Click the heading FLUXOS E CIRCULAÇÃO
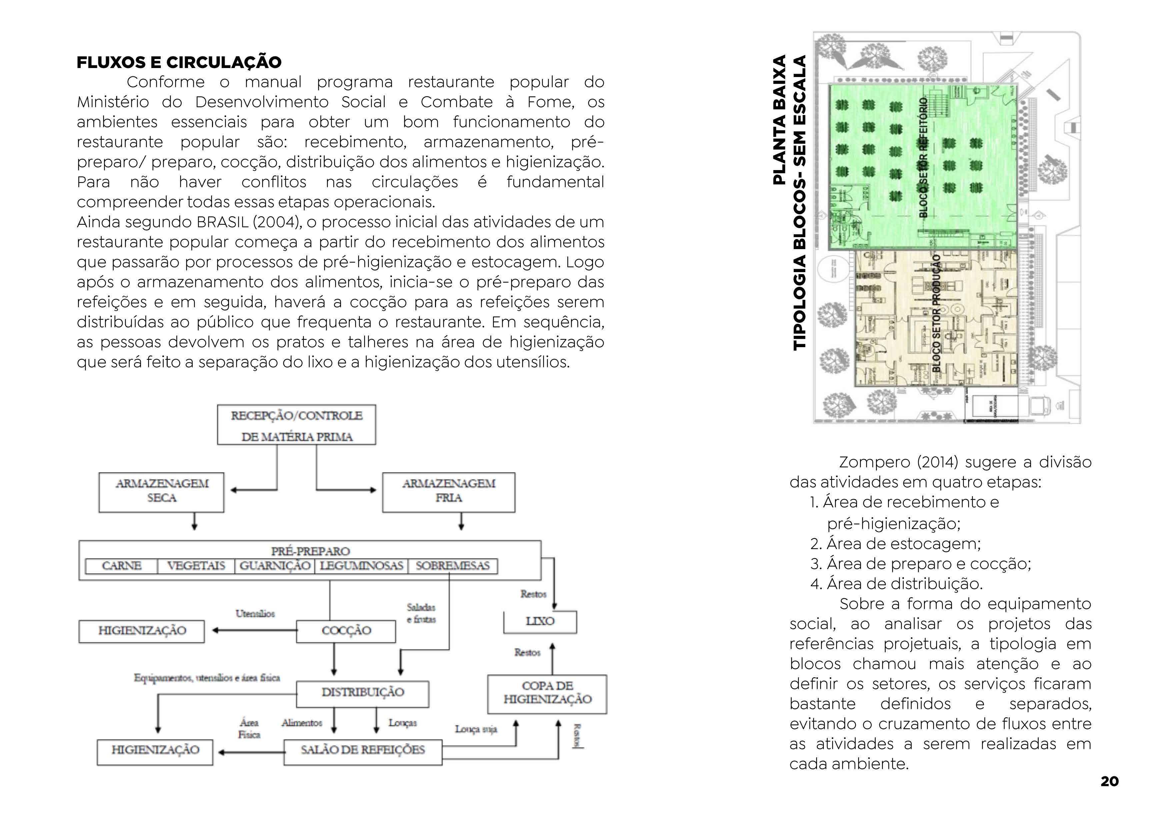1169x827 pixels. coord(179,62)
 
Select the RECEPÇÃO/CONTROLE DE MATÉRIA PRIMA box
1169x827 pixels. coord(296,425)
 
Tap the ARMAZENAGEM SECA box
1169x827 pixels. coord(161,492)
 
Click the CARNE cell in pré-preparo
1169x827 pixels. coord(122,566)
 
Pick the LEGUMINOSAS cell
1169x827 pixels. coord(361,566)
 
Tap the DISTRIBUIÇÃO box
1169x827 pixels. coord(363,693)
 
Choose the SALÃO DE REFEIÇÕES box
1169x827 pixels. coord(363,751)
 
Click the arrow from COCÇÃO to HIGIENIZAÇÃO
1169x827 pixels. coord(255,631)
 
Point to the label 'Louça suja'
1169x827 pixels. coord(476,729)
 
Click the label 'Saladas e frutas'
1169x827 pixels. coord(421,613)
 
